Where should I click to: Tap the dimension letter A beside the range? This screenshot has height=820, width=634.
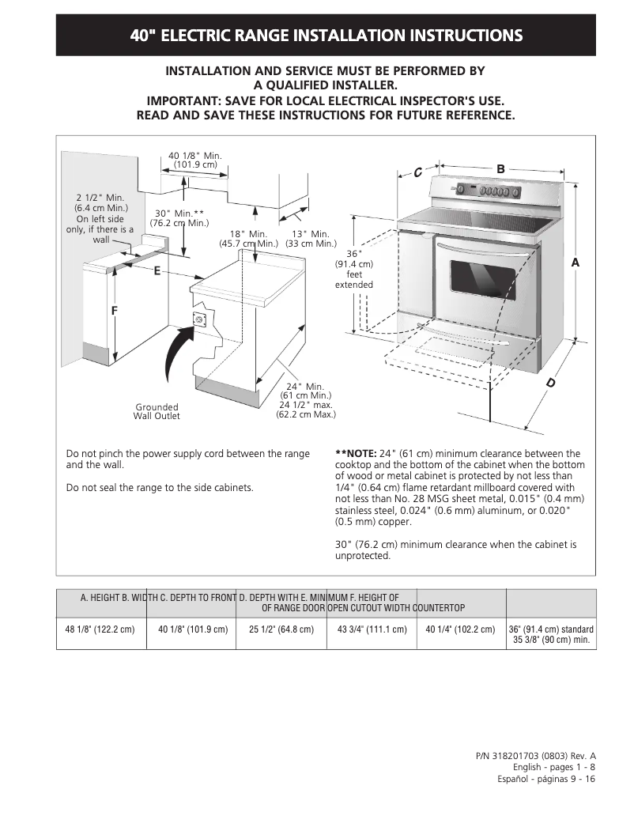[576, 262]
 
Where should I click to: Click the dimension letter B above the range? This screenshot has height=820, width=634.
[500, 168]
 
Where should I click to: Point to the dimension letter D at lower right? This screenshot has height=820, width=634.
[551, 384]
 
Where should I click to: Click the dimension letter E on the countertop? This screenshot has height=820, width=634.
[157, 270]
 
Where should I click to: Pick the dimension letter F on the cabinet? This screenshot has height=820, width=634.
[114, 311]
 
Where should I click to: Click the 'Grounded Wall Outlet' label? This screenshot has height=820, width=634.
[157, 412]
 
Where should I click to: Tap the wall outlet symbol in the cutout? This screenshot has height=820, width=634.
[199, 320]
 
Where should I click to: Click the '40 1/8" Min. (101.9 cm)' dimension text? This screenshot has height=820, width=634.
[194, 160]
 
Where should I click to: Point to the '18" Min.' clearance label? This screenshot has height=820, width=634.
[248, 234]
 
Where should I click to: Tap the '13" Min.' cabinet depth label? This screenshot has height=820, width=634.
[311, 234]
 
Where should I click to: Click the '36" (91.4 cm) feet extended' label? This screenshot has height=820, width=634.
[353, 269]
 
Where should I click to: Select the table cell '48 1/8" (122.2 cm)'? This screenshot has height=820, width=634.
[101, 630]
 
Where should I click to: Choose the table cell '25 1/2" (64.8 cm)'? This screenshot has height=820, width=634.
[281, 630]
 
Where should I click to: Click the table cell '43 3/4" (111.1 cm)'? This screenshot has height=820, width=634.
[372, 630]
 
